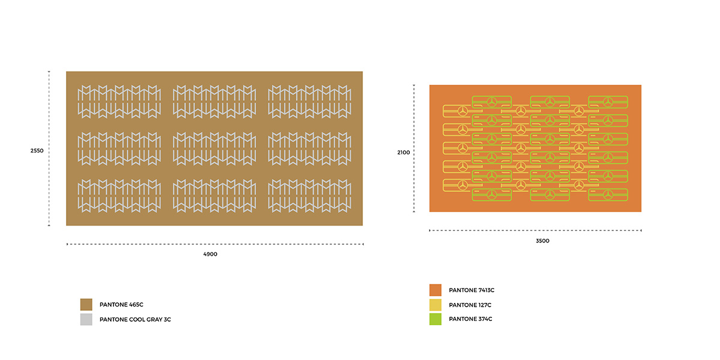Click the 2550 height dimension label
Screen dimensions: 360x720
click(37, 150)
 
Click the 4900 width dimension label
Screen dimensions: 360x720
click(210, 254)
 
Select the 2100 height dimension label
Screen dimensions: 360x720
click(404, 152)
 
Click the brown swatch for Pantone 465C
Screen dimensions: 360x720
click(86, 305)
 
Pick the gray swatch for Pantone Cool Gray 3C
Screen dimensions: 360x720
click(86, 320)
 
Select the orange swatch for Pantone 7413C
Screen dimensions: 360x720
click(436, 290)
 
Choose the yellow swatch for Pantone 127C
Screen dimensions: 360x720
click(436, 305)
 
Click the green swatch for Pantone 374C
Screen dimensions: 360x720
click(436, 319)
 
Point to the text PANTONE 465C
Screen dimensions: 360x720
click(121, 305)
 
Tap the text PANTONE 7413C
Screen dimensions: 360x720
click(472, 290)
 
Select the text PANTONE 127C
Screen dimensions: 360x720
click(470, 305)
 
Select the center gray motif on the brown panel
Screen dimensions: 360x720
click(214, 148)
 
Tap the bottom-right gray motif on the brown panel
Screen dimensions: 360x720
click(310, 195)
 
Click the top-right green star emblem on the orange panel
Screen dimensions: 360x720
click(608, 101)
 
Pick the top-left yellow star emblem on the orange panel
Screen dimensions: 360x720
click(463, 111)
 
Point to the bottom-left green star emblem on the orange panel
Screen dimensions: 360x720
click(492, 194)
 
